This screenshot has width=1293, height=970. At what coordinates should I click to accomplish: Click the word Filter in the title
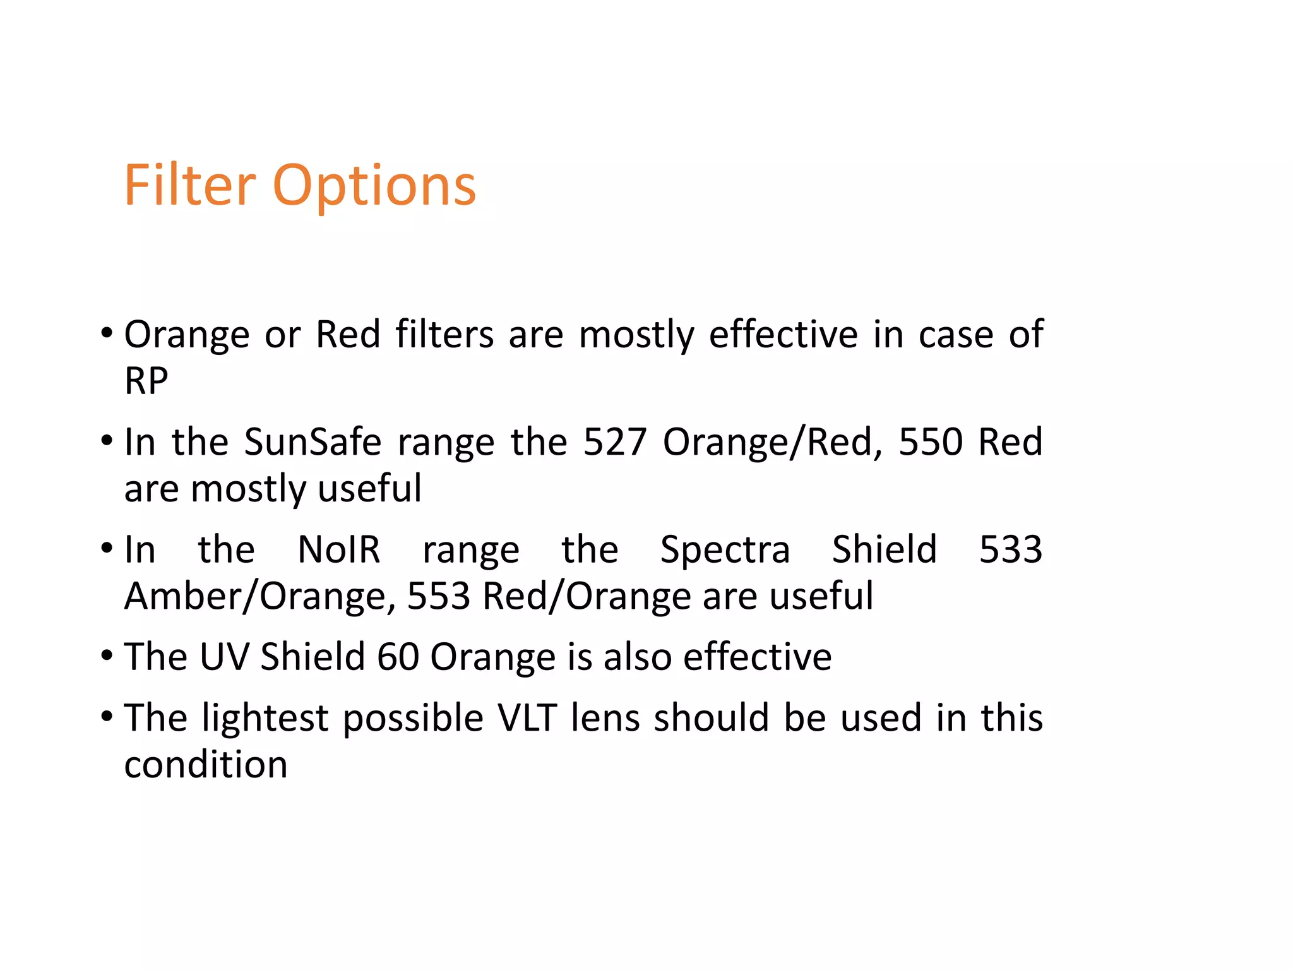coord(189,185)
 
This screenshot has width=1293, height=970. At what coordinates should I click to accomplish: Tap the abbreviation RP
coord(146,381)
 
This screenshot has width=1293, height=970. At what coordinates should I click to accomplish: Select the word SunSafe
coord(313,441)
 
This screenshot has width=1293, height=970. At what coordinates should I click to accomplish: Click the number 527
coord(615,441)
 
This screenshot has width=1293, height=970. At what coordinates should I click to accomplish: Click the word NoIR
coord(339,549)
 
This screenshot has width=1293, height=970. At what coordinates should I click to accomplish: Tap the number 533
coord(1010,549)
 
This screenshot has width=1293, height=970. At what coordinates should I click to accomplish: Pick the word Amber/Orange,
coord(260,597)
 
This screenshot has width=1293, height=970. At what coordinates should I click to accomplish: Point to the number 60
coord(398,657)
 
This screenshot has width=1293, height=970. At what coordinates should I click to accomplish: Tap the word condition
coord(206,765)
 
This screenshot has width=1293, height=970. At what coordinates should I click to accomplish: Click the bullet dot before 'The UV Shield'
coord(107,656)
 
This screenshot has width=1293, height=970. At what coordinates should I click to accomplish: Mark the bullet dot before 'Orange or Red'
coord(107,333)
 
